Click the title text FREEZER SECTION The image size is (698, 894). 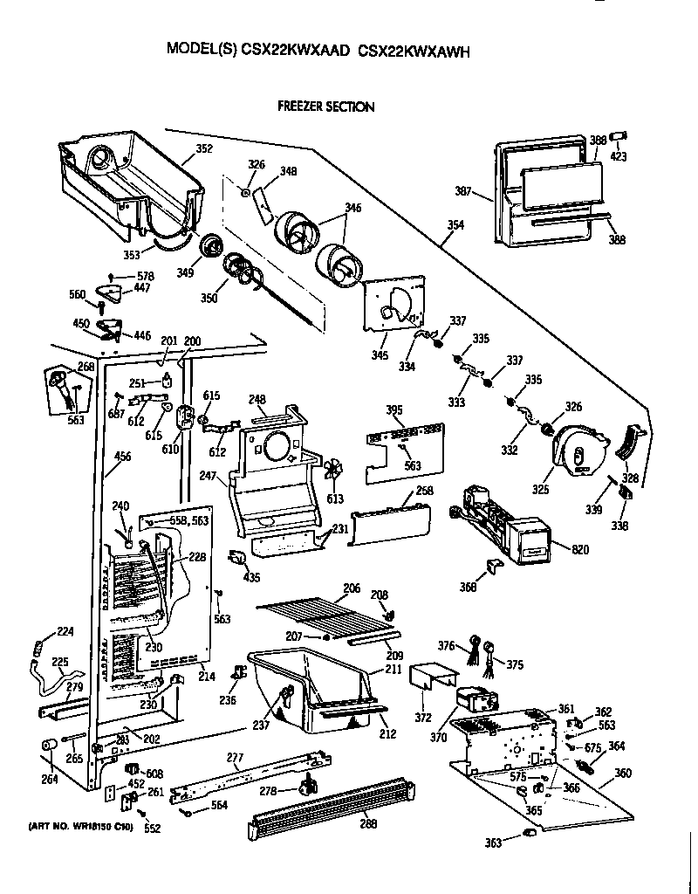point(325,107)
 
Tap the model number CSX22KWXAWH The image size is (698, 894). point(414,52)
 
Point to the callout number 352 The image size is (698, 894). point(203,148)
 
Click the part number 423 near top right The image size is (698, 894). point(619,157)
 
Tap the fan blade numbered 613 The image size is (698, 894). point(332,471)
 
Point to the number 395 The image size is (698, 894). point(394,409)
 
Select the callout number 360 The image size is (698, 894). point(623,774)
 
